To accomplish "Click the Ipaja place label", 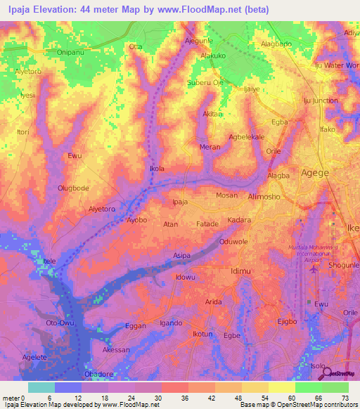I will click(x=180, y=202).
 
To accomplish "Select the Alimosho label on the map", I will click(x=266, y=197).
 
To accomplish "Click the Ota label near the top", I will click(x=136, y=47).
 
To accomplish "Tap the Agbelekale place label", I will click(x=246, y=137).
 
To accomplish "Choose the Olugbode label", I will click(x=72, y=188).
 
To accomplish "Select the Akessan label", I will click(x=116, y=349).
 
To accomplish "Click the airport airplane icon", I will click(x=314, y=267).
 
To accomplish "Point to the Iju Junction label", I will click(x=320, y=100).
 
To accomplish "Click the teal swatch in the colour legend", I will click(x=41, y=387).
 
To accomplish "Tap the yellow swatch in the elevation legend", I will click(x=281, y=387).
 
